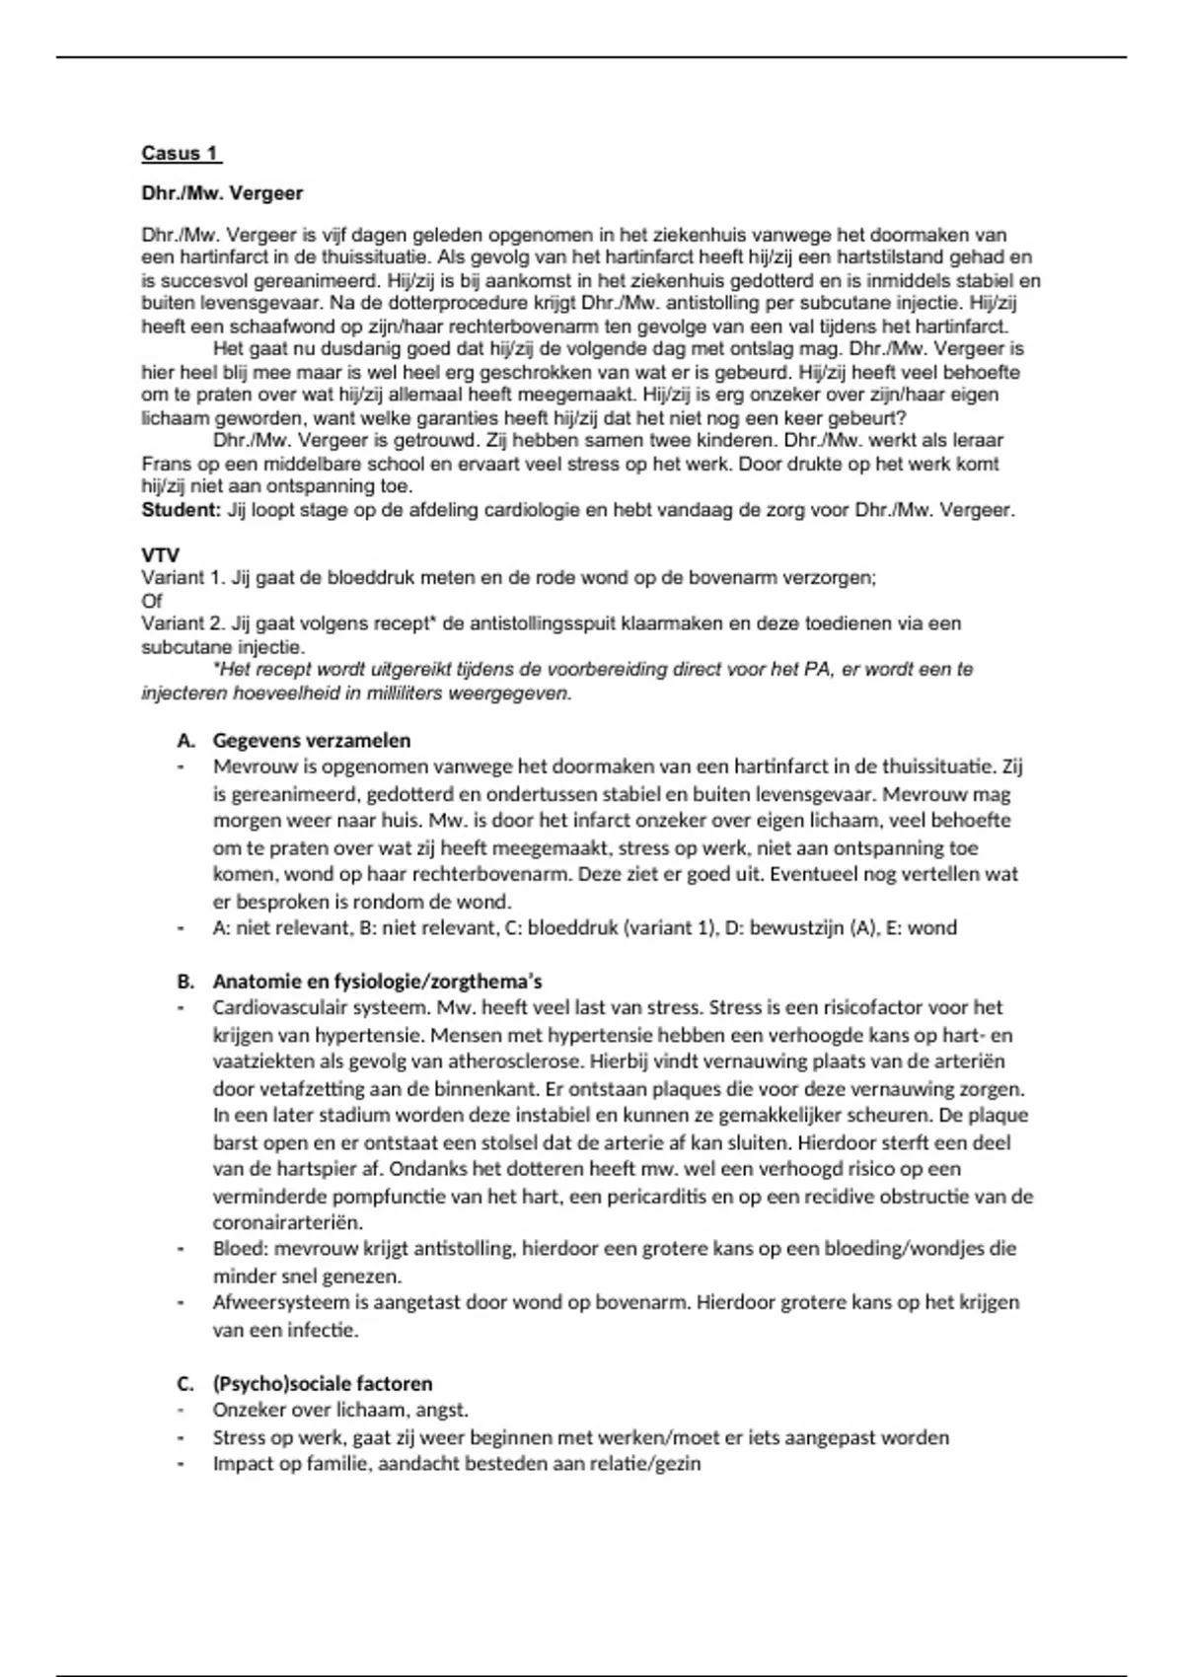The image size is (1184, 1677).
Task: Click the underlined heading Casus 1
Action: [x=181, y=153]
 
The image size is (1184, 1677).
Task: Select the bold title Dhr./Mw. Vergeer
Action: [x=222, y=193]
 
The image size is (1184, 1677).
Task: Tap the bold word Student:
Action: [x=181, y=510]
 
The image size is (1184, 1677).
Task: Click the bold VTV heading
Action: [x=161, y=555]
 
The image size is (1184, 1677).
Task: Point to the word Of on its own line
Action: [x=152, y=601]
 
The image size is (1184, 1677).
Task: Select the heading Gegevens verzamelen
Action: [x=312, y=740]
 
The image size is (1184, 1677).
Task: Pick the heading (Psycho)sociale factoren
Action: [x=323, y=1383]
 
